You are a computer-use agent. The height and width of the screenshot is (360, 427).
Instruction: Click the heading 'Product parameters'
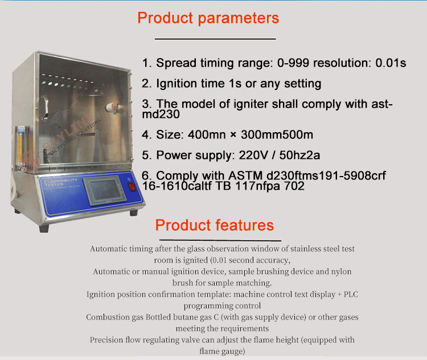(208, 18)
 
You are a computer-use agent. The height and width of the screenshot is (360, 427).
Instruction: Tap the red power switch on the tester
(132, 186)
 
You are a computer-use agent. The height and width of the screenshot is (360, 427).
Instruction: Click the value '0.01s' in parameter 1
(391, 63)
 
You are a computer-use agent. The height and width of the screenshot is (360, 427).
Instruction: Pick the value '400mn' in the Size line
(202, 136)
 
